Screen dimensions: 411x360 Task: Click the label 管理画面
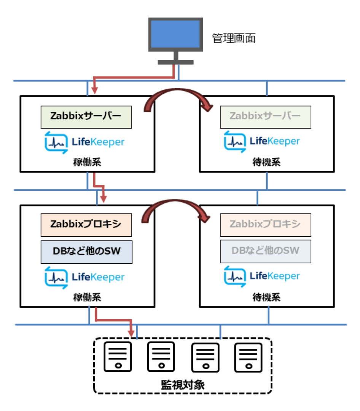click(x=234, y=38)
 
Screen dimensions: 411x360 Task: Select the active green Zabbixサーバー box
click(x=86, y=117)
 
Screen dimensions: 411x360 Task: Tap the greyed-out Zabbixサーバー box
click(x=266, y=116)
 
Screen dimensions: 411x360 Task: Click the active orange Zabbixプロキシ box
click(x=86, y=225)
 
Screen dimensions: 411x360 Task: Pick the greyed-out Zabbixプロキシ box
click(x=266, y=225)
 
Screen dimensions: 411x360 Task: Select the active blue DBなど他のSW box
click(x=86, y=252)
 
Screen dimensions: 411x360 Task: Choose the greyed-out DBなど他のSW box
click(x=266, y=251)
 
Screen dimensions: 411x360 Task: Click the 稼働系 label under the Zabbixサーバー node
click(x=86, y=162)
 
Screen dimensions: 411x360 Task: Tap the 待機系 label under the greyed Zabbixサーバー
click(x=266, y=162)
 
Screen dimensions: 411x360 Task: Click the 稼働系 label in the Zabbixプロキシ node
click(x=86, y=297)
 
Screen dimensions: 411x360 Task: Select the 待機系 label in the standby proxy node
click(x=266, y=297)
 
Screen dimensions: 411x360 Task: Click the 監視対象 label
click(x=183, y=384)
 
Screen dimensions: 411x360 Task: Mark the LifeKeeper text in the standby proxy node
click(x=275, y=276)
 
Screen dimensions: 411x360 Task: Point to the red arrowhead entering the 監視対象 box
click(x=132, y=334)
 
